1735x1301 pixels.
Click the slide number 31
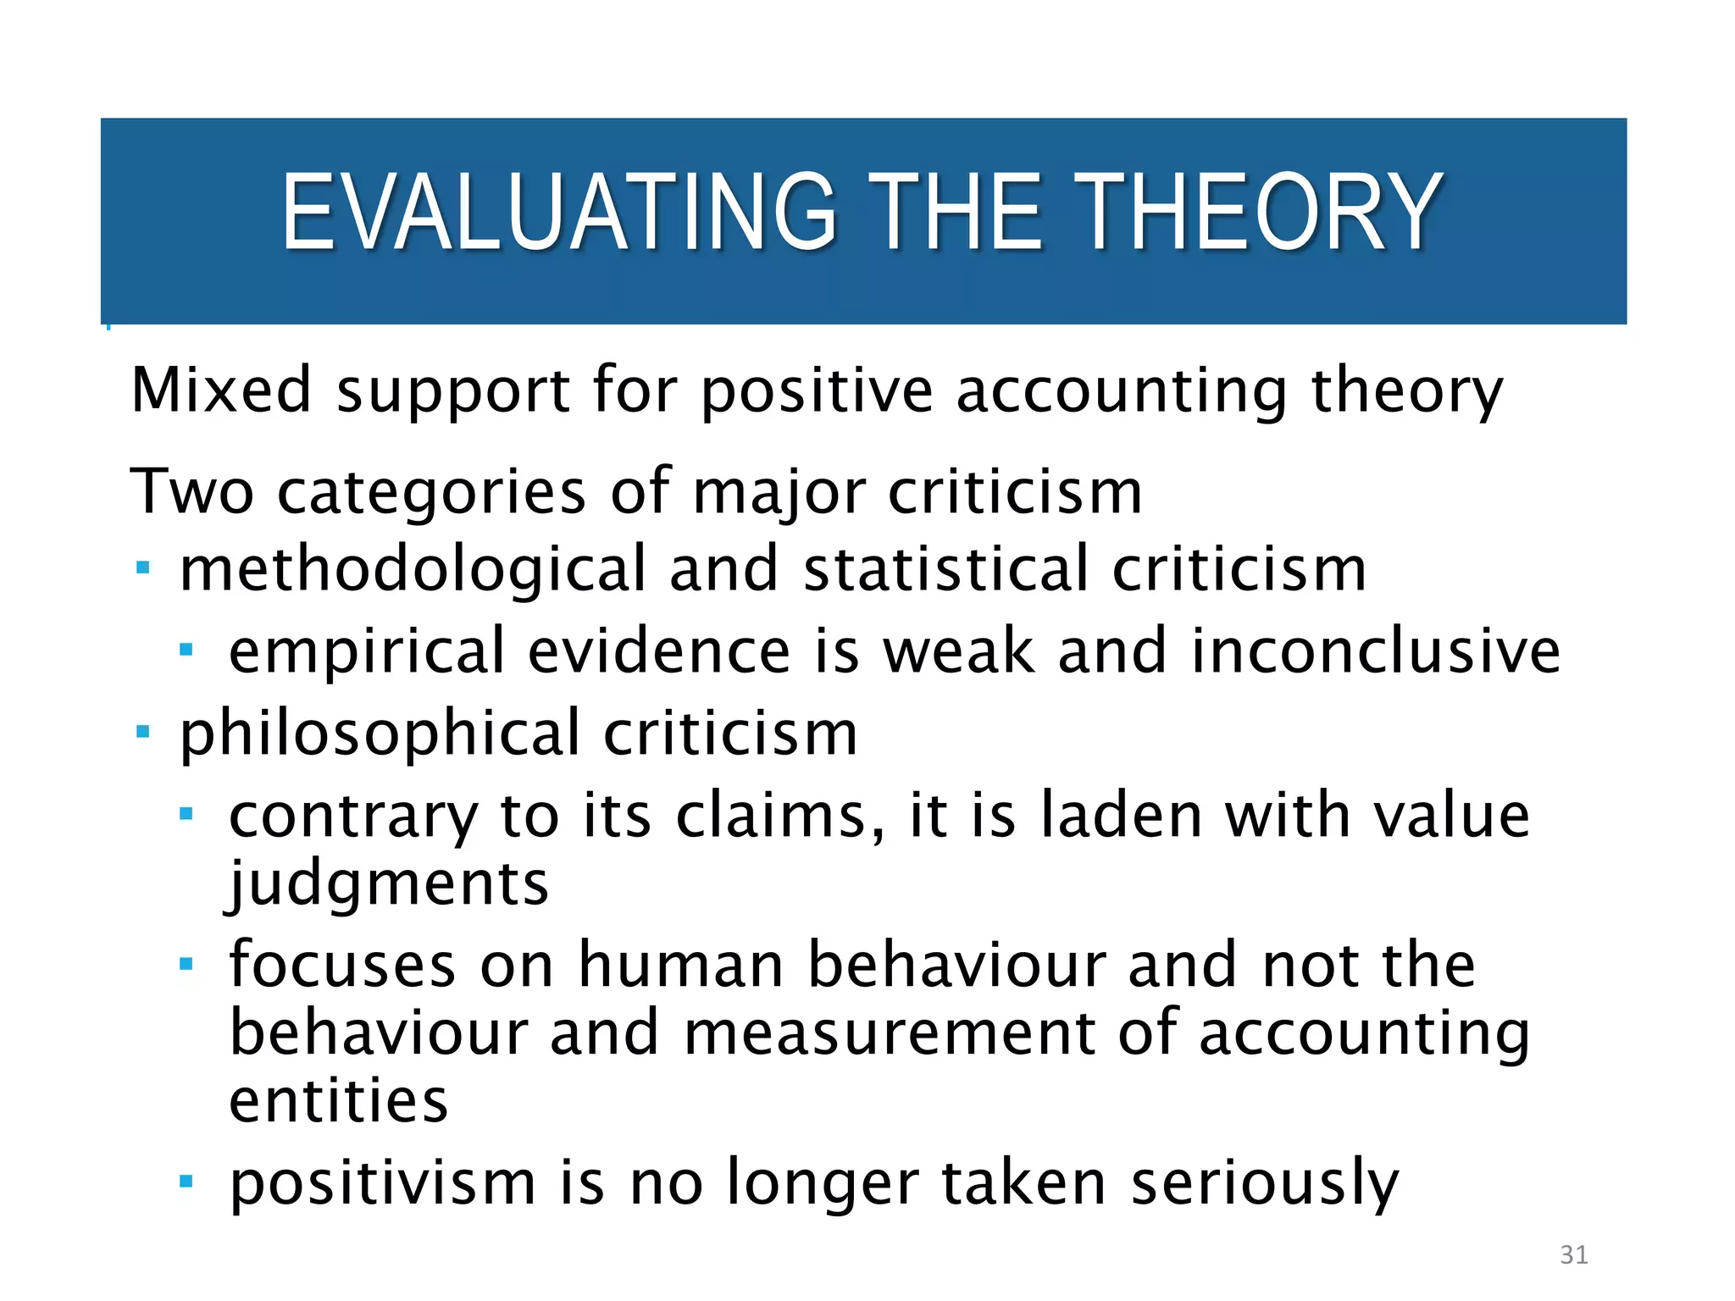point(1573,1254)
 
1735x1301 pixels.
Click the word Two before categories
point(191,491)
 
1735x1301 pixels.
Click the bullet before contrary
point(187,814)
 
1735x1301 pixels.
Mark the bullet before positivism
point(187,1181)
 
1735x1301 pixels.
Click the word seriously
point(1264,1184)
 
